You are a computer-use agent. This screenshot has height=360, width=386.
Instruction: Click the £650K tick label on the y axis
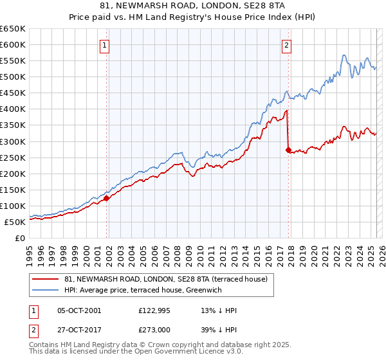pos(14,29)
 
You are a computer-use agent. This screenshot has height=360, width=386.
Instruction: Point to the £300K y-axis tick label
pos(14,141)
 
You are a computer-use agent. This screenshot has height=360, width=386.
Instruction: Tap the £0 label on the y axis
pos(21,238)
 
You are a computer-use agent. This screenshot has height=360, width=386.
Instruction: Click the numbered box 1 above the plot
pos(105,45)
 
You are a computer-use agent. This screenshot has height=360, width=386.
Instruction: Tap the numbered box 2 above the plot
pos(286,45)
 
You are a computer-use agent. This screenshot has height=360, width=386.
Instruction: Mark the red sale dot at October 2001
pos(107,198)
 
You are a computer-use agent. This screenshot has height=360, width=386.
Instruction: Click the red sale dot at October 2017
pos(288,150)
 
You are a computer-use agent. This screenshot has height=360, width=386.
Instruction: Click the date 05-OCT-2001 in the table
pos(79,310)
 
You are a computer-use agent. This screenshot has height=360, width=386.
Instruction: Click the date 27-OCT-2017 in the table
pos(79,328)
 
